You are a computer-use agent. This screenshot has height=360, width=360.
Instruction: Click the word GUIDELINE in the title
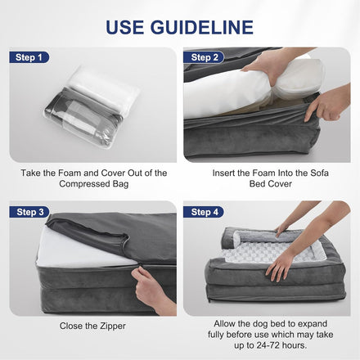202,27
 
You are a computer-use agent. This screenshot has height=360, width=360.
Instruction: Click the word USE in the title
124,27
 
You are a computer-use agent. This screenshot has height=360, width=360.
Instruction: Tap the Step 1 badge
29,57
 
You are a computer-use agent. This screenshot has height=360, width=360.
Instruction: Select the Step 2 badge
204,57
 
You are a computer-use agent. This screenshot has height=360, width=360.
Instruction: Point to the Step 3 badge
29,212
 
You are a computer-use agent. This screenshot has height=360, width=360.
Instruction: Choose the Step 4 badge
204,212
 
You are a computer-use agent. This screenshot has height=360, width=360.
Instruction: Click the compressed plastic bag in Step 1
92,106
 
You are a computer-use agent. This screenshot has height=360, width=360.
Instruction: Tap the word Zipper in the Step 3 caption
113,326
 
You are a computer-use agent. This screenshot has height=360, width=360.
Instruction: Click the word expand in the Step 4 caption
313,324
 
